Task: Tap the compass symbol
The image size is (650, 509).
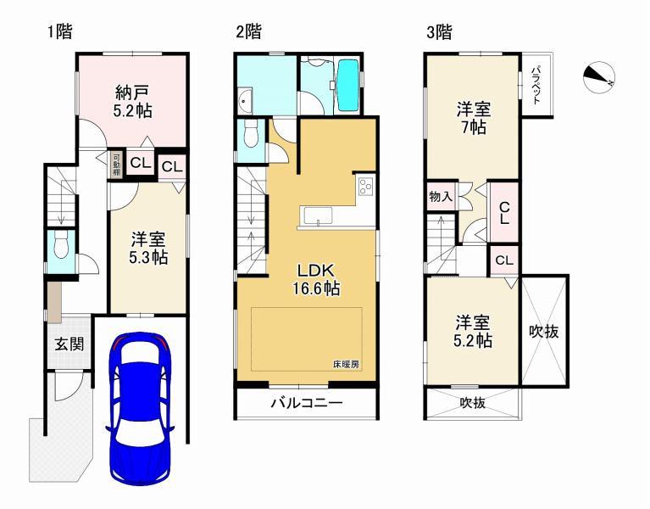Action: coord(599,78)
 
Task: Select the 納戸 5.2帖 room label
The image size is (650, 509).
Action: coord(133,101)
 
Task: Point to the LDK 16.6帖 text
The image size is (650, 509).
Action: coord(317,279)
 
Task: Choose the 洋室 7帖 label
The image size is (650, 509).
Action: coord(472,118)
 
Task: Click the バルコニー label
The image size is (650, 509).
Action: coord(306,403)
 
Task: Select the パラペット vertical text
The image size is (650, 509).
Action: coord(537,85)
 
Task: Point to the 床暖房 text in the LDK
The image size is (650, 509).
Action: coord(346,364)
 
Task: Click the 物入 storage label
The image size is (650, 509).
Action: coord(441,197)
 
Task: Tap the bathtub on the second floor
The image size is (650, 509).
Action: coord(349,85)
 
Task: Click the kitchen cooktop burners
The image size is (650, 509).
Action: coord(365,185)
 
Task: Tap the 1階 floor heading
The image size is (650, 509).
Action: coord(59,32)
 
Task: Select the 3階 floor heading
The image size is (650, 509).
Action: coord(438,32)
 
